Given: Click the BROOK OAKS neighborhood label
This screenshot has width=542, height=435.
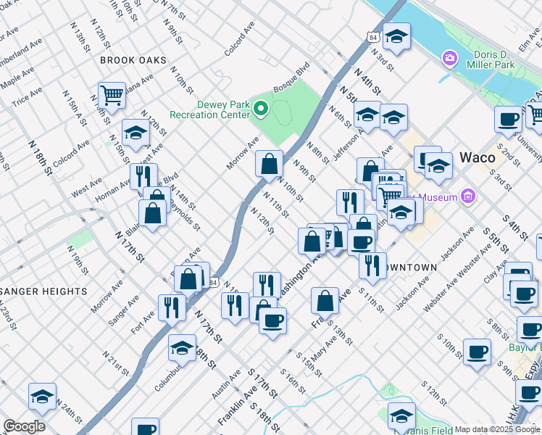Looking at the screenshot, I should [133, 60].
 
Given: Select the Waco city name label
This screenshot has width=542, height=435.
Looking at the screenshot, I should [478, 157].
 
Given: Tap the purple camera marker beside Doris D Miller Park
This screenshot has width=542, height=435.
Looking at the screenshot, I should [449, 57].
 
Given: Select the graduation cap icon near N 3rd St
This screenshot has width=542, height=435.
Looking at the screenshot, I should [396, 36].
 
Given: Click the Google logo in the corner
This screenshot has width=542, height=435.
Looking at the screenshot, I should [24, 426].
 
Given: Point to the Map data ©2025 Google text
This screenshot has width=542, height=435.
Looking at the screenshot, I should [497, 429].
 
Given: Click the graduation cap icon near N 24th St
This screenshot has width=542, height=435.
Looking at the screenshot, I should [42, 395].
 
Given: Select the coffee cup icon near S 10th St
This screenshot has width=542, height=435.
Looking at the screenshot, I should [477, 351].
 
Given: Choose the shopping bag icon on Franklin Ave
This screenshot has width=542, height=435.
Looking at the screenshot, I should [325, 299].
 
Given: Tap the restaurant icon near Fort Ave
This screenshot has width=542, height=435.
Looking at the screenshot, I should [172, 307].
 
